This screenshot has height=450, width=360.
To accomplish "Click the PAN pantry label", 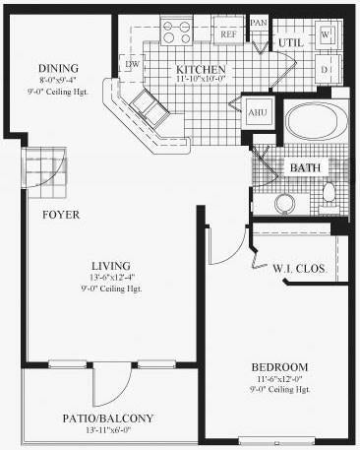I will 259,23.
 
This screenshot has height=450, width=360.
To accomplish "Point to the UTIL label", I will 289,43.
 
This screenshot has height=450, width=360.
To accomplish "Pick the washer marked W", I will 328,34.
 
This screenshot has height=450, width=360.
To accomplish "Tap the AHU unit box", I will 259,111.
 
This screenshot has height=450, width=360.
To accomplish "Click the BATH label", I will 304,168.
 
